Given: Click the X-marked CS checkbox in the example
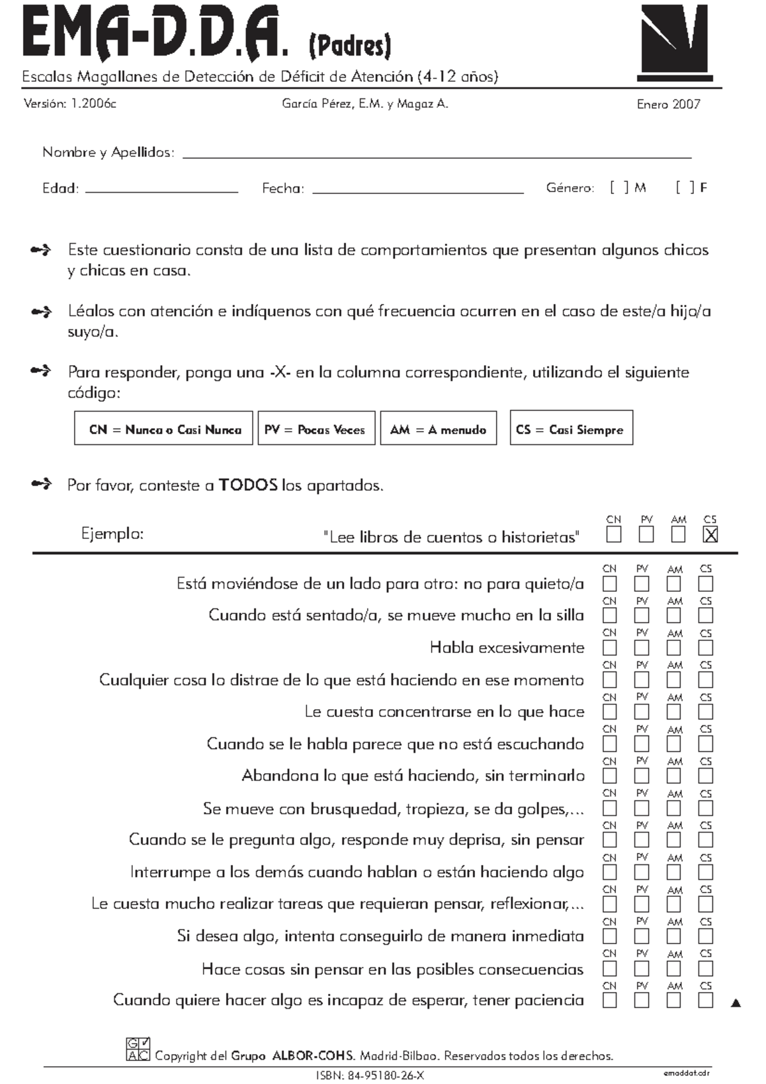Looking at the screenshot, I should pyautogui.click(x=710, y=535).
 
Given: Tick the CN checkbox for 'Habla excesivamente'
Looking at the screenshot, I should pyautogui.click(x=610, y=647).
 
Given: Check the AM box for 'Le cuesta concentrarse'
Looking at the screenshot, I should pyautogui.click(x=673, y=712).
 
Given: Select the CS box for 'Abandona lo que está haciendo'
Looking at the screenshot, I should pyautogui.click(x=705, y=776).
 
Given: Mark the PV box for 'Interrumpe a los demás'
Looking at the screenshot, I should pyautogui.click(x=642, y=872).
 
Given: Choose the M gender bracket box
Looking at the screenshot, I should pyautogui.click(x=619, y=188).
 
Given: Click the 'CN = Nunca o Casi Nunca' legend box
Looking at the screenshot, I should pyautogui.click(x=164, y=428).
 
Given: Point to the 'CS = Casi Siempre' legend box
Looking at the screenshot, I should pyautogui.click(x=571, y=428).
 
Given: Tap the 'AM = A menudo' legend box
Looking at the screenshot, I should pyautogui.click(x=439, y=428).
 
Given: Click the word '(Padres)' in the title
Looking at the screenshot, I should pyautogui.click(x=350, y=46).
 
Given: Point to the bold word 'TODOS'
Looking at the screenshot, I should pyautogui.click(x=248, y=485).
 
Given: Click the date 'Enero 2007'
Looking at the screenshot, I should pyautogui.click(x=668, y=105).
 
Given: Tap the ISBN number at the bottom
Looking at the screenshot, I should pyautogui.click(x=370, y=1075).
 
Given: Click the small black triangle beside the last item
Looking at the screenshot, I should pyautogui.click(x=736, y=1003).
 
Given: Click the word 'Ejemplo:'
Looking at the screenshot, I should pyautogui.click(x=112, y=534).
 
